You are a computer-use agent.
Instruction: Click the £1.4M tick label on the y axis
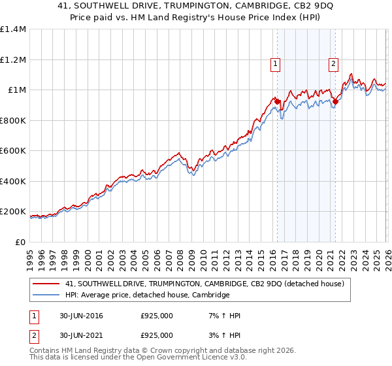coord(12,29)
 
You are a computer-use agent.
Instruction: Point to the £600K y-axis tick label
coord(12,151)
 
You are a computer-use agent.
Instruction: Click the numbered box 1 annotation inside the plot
coord(276,63)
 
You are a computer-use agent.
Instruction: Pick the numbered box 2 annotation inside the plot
coord(334,63)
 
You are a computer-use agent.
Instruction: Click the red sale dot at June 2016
coord(277,101)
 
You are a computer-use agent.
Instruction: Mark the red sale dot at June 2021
coord(335,101)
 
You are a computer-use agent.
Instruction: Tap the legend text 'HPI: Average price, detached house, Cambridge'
coord(148,295)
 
